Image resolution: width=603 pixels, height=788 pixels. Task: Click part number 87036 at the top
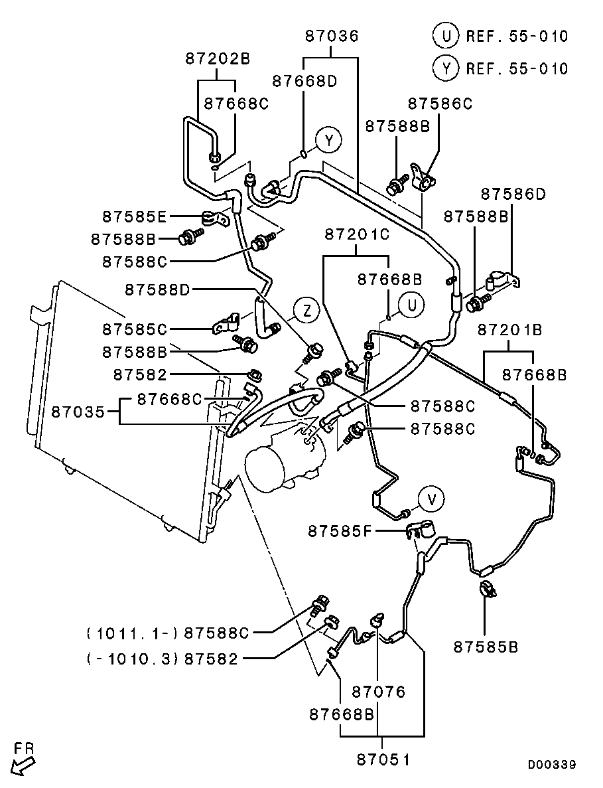click(x=332, y=37)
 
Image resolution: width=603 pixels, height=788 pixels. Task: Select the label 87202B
click(x=218, y=59)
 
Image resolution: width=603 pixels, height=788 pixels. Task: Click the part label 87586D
click(x=513, y=194)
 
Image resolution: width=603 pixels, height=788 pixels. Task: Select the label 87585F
click(x=340, y=530)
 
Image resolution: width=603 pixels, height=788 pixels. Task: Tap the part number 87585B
click(x=486, y=647)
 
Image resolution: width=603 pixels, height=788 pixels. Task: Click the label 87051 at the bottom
click(x=383, y=759)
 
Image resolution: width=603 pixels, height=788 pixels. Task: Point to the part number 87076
click(x=378, y=692)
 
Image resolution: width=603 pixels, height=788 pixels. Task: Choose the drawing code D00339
click(x=552, y=764)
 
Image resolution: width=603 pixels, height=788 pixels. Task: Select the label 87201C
click(x=357, y=234)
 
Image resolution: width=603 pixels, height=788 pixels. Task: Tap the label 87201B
click(x=509, y=330)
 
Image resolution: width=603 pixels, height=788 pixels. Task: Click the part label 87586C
click(x=440, y=104)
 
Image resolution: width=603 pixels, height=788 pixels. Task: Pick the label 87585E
click(x=134, y=216)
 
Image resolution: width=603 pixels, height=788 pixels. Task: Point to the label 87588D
click(x=157, y=290)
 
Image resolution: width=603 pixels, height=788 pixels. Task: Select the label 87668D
click(x=304, y=82)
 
